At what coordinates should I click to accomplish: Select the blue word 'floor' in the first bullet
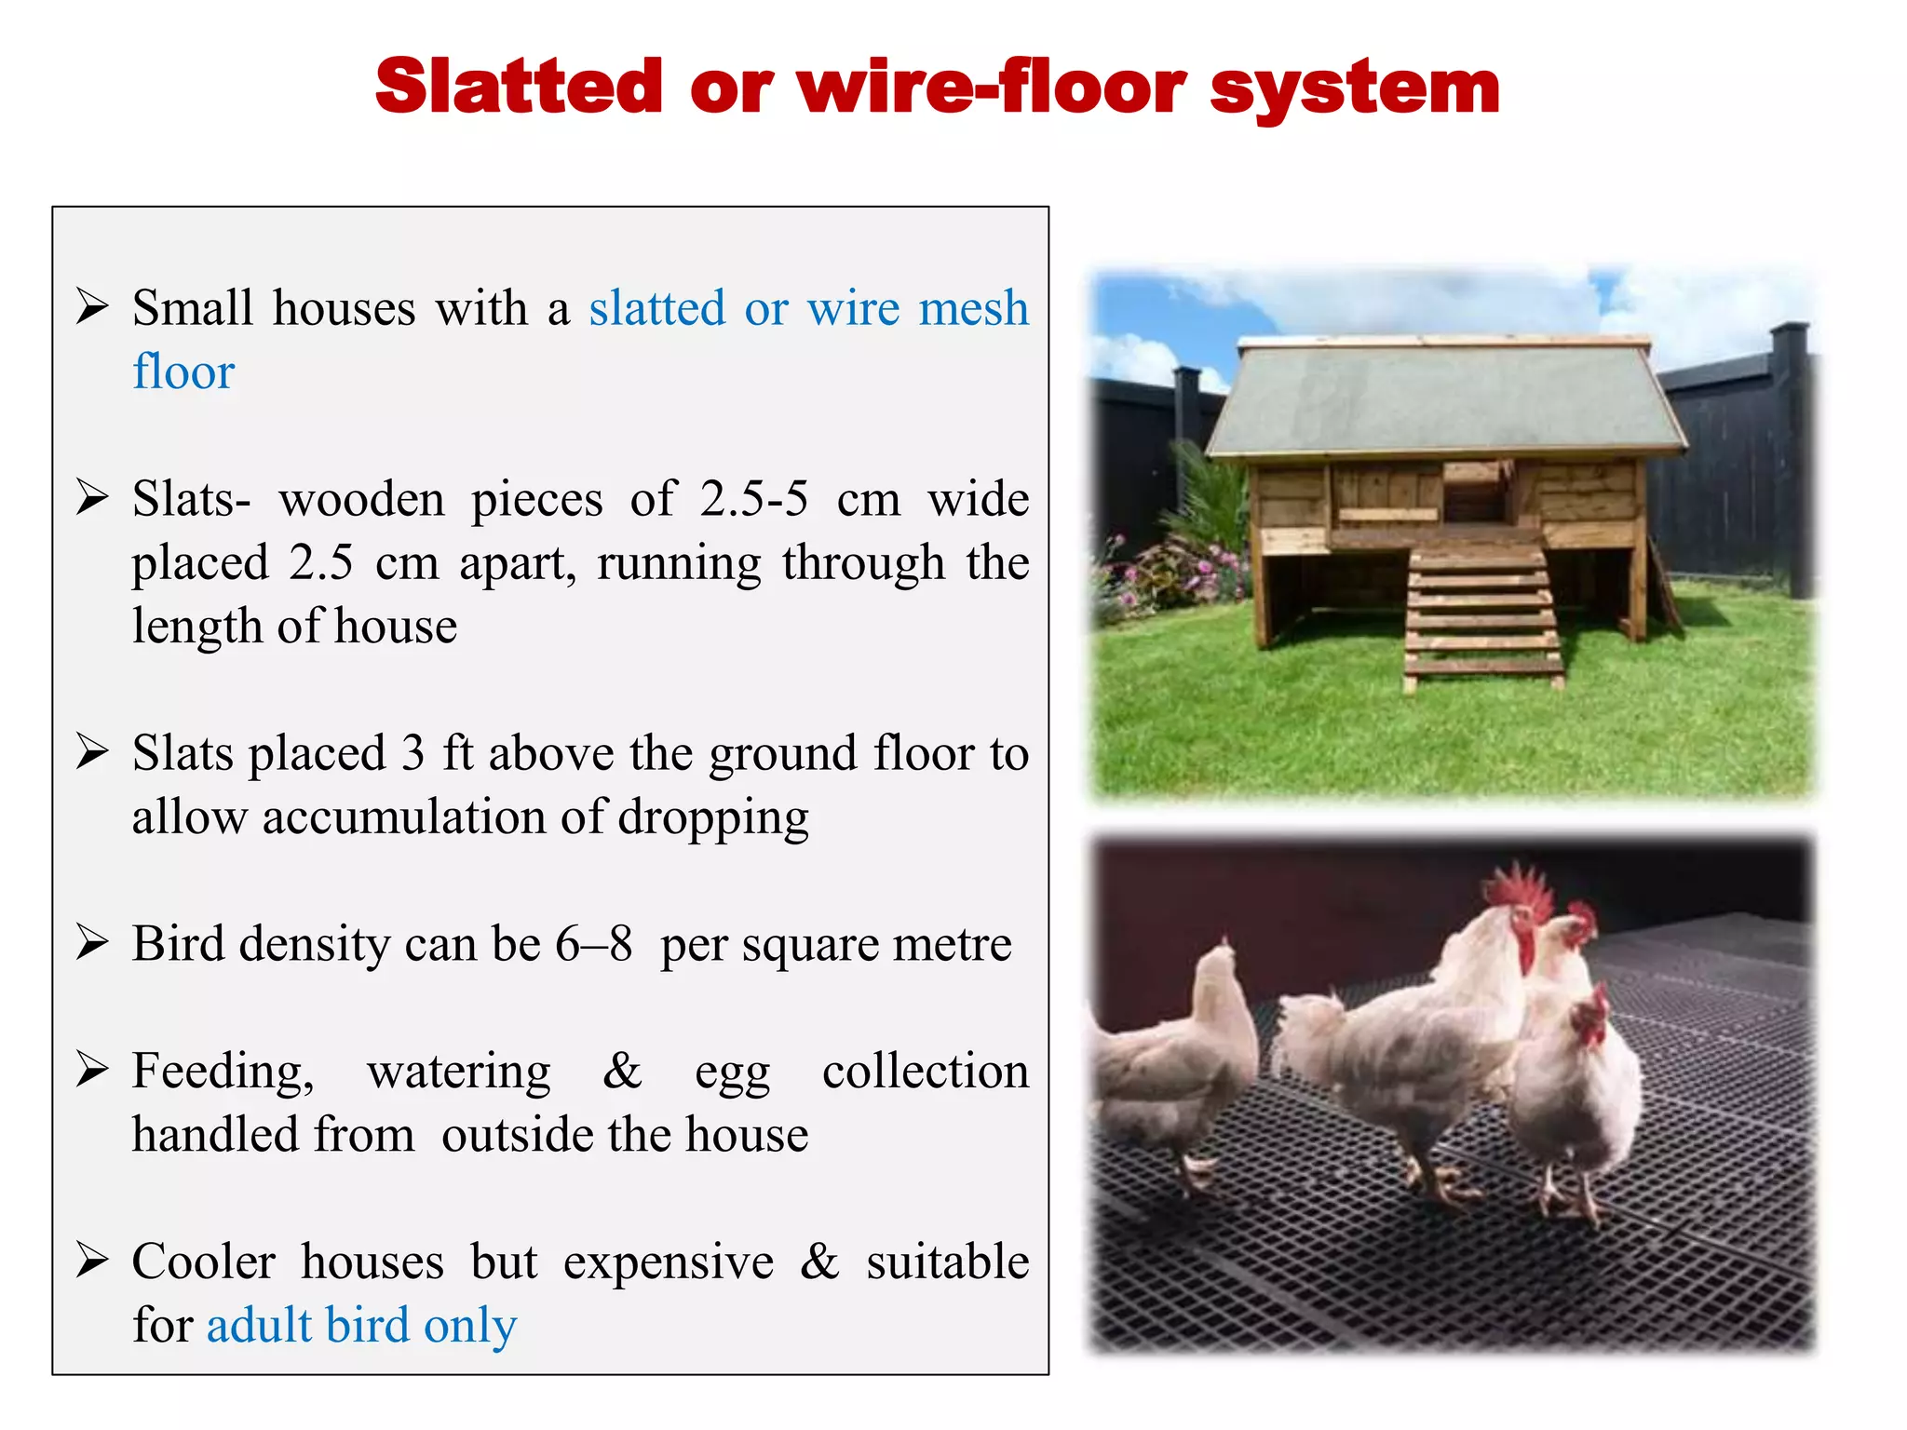pyautogui.click(x=183, y=371)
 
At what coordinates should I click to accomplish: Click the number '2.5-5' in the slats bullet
pyautogui.click(x=754, y=499)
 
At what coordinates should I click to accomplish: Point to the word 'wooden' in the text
pyautogui.click(x=362, y=499)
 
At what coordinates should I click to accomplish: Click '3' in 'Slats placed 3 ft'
pyautogui.click(x=413, y=753)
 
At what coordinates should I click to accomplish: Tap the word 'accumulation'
pyautogui.click(x=402, y=817)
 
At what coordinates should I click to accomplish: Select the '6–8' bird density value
pyautogui.click(x=594, y=944)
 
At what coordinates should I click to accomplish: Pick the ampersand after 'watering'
pyautogui.click(x=623, y=1071)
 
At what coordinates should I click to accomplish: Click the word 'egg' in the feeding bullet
pyautogui.click(x=732, y=1072)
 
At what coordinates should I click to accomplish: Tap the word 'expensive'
pyautogui.click(x=668, y=1262)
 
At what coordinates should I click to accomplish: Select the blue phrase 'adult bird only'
pyautogui.click(x=361, y=1326)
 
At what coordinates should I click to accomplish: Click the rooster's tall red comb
pyautogui.click(x=1518, y=889)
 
